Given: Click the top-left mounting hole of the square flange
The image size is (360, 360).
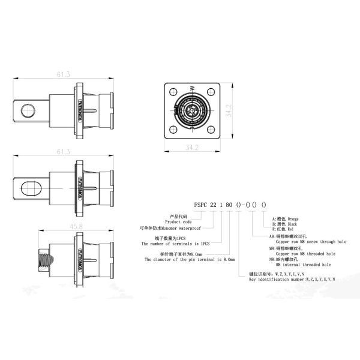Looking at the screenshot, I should click(x=173, y=93).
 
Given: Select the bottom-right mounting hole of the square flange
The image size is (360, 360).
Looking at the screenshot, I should click(x=211, y=131).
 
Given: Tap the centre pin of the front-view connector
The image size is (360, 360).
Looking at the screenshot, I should click(x=191, y=112).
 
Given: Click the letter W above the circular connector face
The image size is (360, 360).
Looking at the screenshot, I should click(x=192, y=89).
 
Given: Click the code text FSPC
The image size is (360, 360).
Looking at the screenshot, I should click(x=200, y=204).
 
